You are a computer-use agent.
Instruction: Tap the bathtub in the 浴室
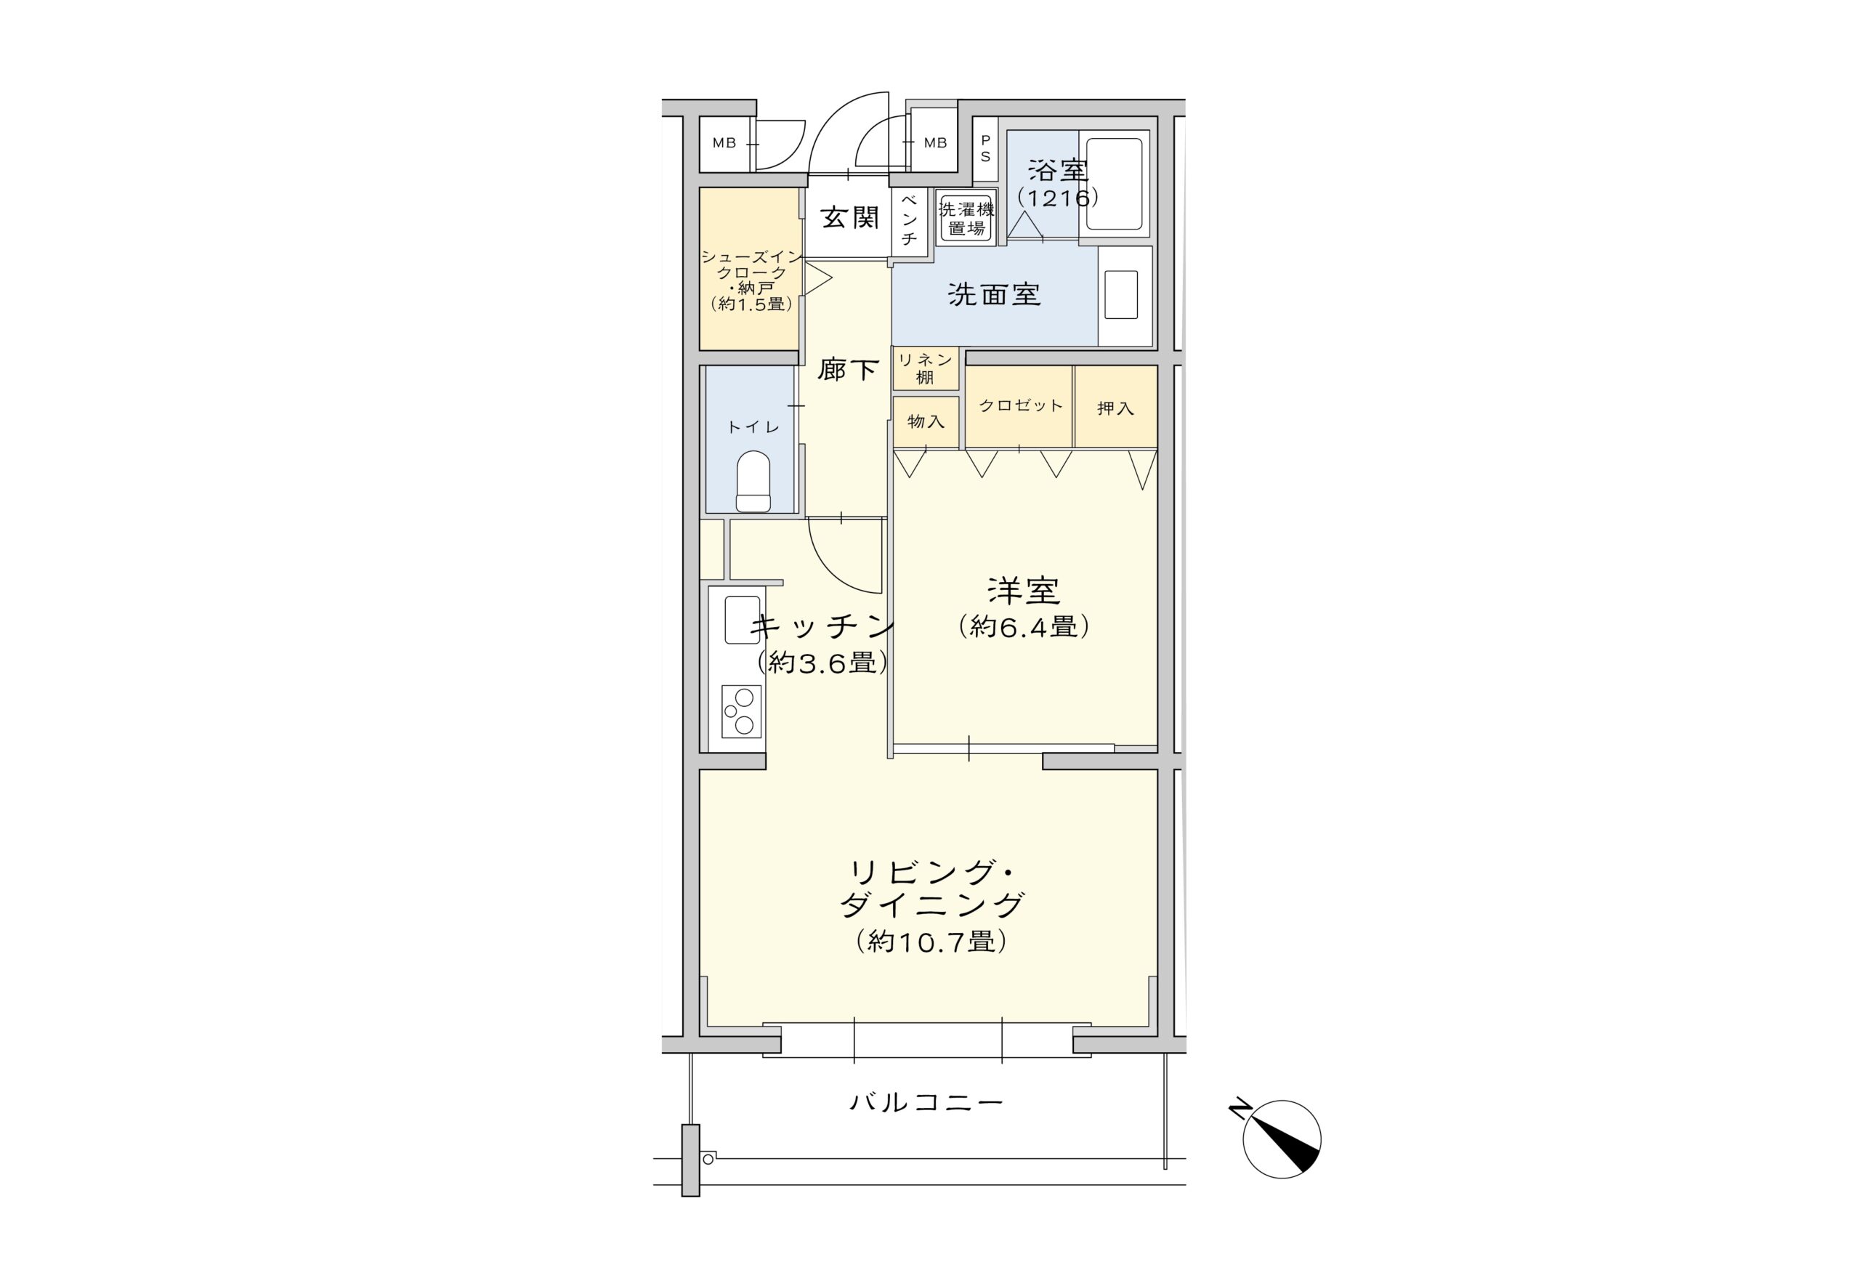coord(1113,184)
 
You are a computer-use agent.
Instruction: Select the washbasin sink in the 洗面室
coord(1120,294)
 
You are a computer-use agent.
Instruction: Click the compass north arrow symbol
coord(1282,1139)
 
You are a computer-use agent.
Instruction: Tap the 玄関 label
coord(849,218)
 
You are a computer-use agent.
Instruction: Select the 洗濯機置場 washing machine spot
coord(966,219)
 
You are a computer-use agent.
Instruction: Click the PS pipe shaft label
coord(985,149)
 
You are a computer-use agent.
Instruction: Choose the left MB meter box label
coord(724,143)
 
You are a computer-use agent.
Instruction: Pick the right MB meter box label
coord(935,143)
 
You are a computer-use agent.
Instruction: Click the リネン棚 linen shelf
coord(925,369)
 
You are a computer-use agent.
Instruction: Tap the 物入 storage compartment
coord(925,421)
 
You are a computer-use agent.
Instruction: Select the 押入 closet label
coord(1115,408)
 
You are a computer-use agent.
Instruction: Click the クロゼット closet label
coord(1020,405)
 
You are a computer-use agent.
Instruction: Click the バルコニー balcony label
coord(926,1103)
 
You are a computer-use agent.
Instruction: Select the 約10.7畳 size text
coord(931,941)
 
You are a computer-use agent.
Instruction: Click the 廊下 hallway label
coord(848,370)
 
